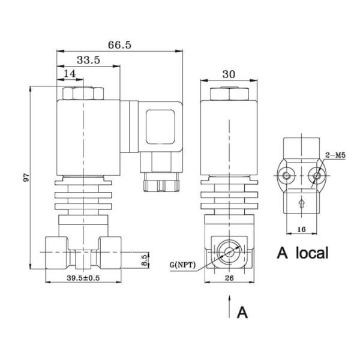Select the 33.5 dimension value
pos(88,60)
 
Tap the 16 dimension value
pos(302,229)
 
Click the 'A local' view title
pos(302,253)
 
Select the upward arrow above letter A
pos(229,306)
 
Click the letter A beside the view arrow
pos(241,313)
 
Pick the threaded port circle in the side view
pos(229,252)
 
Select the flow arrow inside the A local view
pos(302,205)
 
